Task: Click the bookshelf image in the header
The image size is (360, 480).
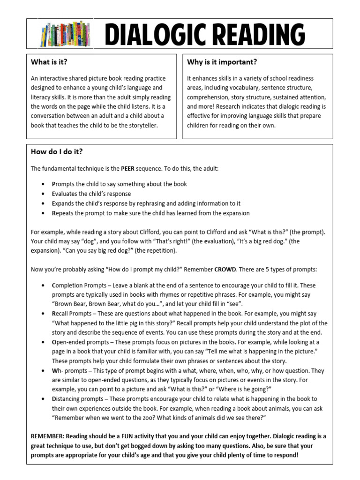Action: pyautogui.click(x=65, y=34)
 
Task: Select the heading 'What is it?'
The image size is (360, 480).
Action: pyautogui.click(x=46, y=62)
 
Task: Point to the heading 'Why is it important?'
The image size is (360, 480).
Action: pyautogui.click(x=222, y=62)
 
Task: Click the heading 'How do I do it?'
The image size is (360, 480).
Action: pyautogui.click(x=56, y=152)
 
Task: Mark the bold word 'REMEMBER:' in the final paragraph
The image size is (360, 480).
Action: pyautogui.click(x=48, y=436)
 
